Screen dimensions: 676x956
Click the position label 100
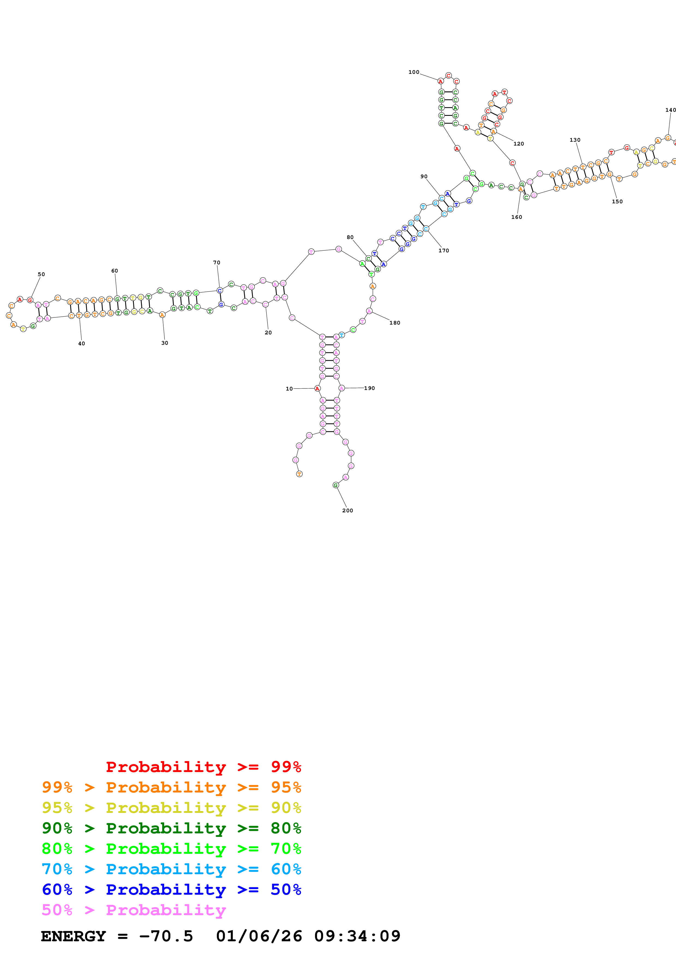point(414,72)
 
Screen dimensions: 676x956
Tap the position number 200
point(347,510)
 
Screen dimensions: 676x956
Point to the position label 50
point(41,274)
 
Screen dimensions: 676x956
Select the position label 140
point(670,110)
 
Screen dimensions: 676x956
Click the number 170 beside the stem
point(444,251)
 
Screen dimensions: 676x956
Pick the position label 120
point(519,144)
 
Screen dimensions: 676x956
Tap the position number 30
point(164,343)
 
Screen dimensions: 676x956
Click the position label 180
point(394,323)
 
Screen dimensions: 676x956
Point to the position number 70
point(217,263)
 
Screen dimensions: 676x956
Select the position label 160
point(516,217)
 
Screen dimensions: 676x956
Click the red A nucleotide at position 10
point(317,389)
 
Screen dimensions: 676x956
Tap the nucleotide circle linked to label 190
point(341,388)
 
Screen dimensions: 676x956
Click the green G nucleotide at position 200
point(336,485)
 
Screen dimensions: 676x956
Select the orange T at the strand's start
point(299,474)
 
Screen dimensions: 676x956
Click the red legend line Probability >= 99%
point(203,767)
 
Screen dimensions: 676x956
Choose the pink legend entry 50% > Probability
point(133,910)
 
